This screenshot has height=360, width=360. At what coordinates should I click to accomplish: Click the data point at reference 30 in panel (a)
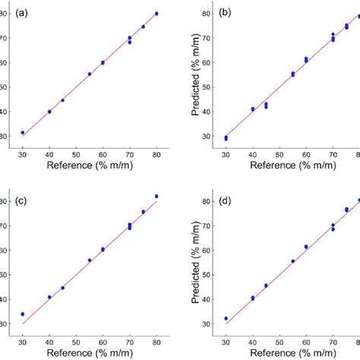[23, 133]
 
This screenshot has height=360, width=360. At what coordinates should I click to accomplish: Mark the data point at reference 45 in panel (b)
[266, 106]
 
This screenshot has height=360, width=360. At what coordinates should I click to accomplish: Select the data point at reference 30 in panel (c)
[23, 314]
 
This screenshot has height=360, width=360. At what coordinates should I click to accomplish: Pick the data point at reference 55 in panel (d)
[292, 261]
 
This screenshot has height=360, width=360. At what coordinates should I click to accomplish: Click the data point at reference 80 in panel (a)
[156, 14]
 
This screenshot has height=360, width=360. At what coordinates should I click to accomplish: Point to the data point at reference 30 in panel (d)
[226, 319]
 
